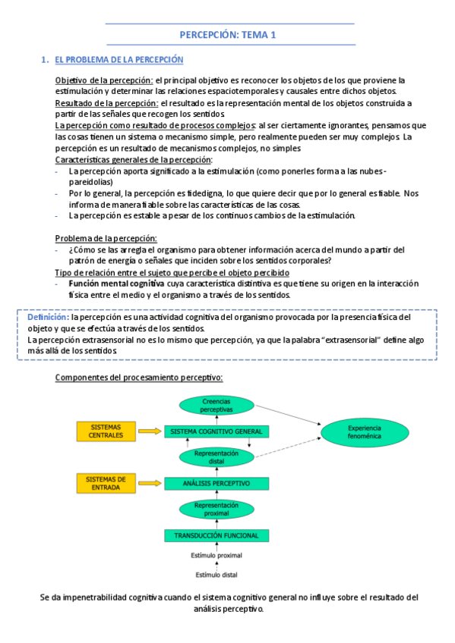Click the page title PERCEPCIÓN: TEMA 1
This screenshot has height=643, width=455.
tap(228, 35)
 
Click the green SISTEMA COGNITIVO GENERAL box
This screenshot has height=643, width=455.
tap(216, 431)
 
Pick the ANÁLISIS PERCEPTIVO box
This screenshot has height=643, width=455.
tap(216, 483)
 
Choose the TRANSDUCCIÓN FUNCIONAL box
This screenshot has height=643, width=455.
tap(216, 535)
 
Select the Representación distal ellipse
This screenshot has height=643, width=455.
tap(216, 456)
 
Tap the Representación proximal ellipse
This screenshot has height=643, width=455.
tap(216, 509)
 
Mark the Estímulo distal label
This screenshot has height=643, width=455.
tap(216, 574)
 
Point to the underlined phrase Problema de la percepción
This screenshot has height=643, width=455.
tap(95, 239)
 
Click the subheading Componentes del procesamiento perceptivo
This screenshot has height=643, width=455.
tap(139, 377)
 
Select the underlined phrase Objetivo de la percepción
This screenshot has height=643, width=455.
tap(104, 80)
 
